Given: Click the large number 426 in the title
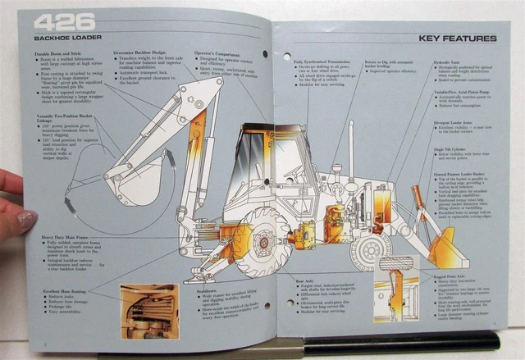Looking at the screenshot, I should [66, 22].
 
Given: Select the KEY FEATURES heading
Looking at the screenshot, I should [457, 39].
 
